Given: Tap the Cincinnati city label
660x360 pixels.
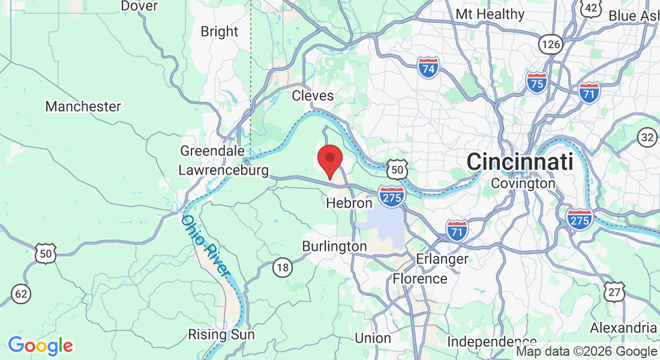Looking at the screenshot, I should pyautogui.click(x=520, y=161).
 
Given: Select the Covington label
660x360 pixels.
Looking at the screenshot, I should pyautogui.click(x=523, y=183).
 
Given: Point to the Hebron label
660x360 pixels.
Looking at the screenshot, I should pyautogui.click(x=349, y=203).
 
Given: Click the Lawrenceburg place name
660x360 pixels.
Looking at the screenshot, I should pyautogui.click(x=224, y=170).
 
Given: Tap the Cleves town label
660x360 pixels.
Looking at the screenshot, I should pyautogui.click(x=313, y=95).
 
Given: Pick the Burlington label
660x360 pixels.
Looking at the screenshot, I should pyautogui.click(x=334, y=246).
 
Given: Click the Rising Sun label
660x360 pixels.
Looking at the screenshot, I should pyautogui.click(x=221, y=334).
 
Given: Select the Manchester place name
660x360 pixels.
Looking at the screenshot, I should pyautogui.click(x=83, y=107).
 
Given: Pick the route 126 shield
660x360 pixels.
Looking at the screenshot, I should pyautogui.click(x=550, y=43).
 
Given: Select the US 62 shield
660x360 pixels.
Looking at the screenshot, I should pyautogui.click(x=22, y=293).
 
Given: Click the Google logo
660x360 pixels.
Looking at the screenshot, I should pyautogui.click(x=40, y=346).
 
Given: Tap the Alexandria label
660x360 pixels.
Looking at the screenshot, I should pyautogui.click(x=623, y=328).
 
